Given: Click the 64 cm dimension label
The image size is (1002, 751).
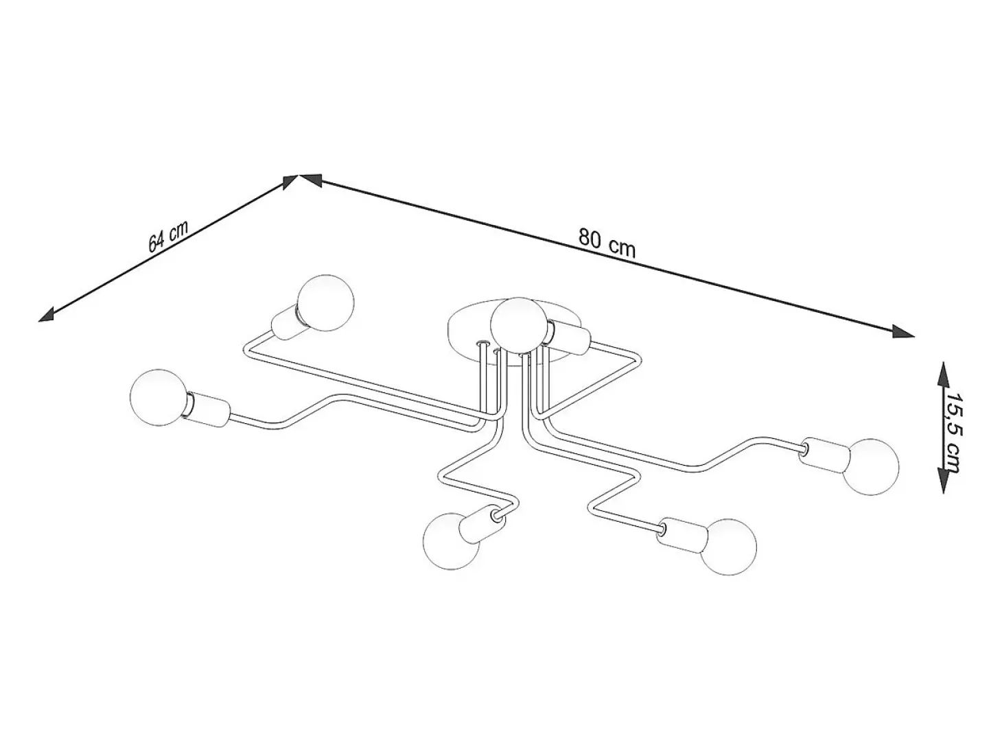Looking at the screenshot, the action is click(168, 237).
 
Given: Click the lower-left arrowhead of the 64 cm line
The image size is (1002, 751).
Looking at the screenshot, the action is click(47, 314).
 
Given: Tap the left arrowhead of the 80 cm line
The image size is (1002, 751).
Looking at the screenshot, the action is click(310, 180).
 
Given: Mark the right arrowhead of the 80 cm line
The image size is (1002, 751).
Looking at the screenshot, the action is click(903, 331).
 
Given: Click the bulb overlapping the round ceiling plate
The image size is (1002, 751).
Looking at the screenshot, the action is click(517, 325).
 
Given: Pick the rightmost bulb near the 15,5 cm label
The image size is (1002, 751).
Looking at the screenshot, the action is click(870, 467).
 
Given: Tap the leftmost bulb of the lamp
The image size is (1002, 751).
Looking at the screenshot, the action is click(159, 397).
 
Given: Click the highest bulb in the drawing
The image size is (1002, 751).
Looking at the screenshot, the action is click(325, 302).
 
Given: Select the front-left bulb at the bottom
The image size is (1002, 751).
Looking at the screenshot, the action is click(452, 541).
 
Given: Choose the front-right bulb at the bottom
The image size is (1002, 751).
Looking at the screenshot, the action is click(728, 546).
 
